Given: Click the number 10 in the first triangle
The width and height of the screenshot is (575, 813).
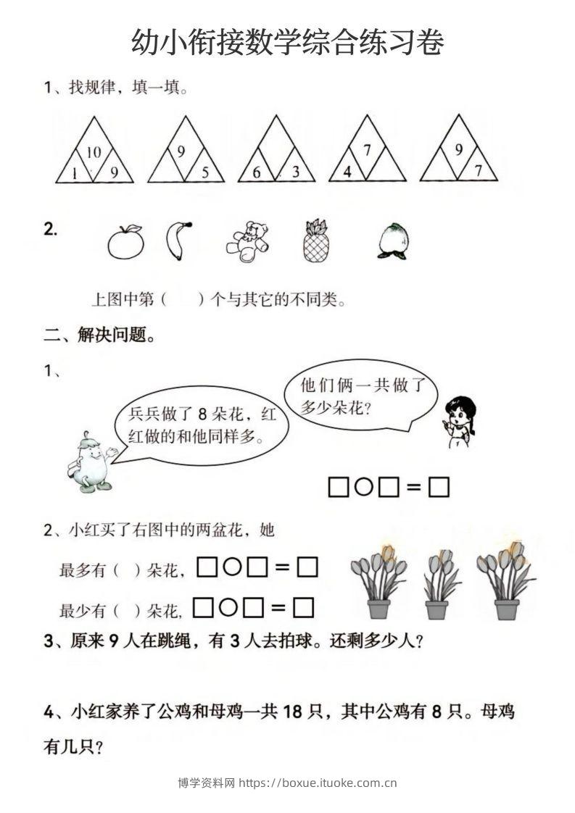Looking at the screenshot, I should pos(94,152).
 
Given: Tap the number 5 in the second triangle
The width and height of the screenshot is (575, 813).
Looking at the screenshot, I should pos(205,172).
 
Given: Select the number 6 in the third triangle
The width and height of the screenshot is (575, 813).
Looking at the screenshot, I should pos(257,172).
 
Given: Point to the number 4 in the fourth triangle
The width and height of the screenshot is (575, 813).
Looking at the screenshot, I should pos(348,172).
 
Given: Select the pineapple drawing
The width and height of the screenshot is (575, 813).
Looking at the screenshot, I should pos(315,240).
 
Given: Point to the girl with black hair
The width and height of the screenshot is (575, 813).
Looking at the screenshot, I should pos(459,420).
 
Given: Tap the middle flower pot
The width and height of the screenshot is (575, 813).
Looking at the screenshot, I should pos(437,584).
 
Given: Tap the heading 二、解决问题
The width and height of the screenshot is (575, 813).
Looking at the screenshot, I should pos(99,335).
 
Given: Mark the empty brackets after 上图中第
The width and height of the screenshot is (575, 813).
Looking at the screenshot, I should pos(183,299).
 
